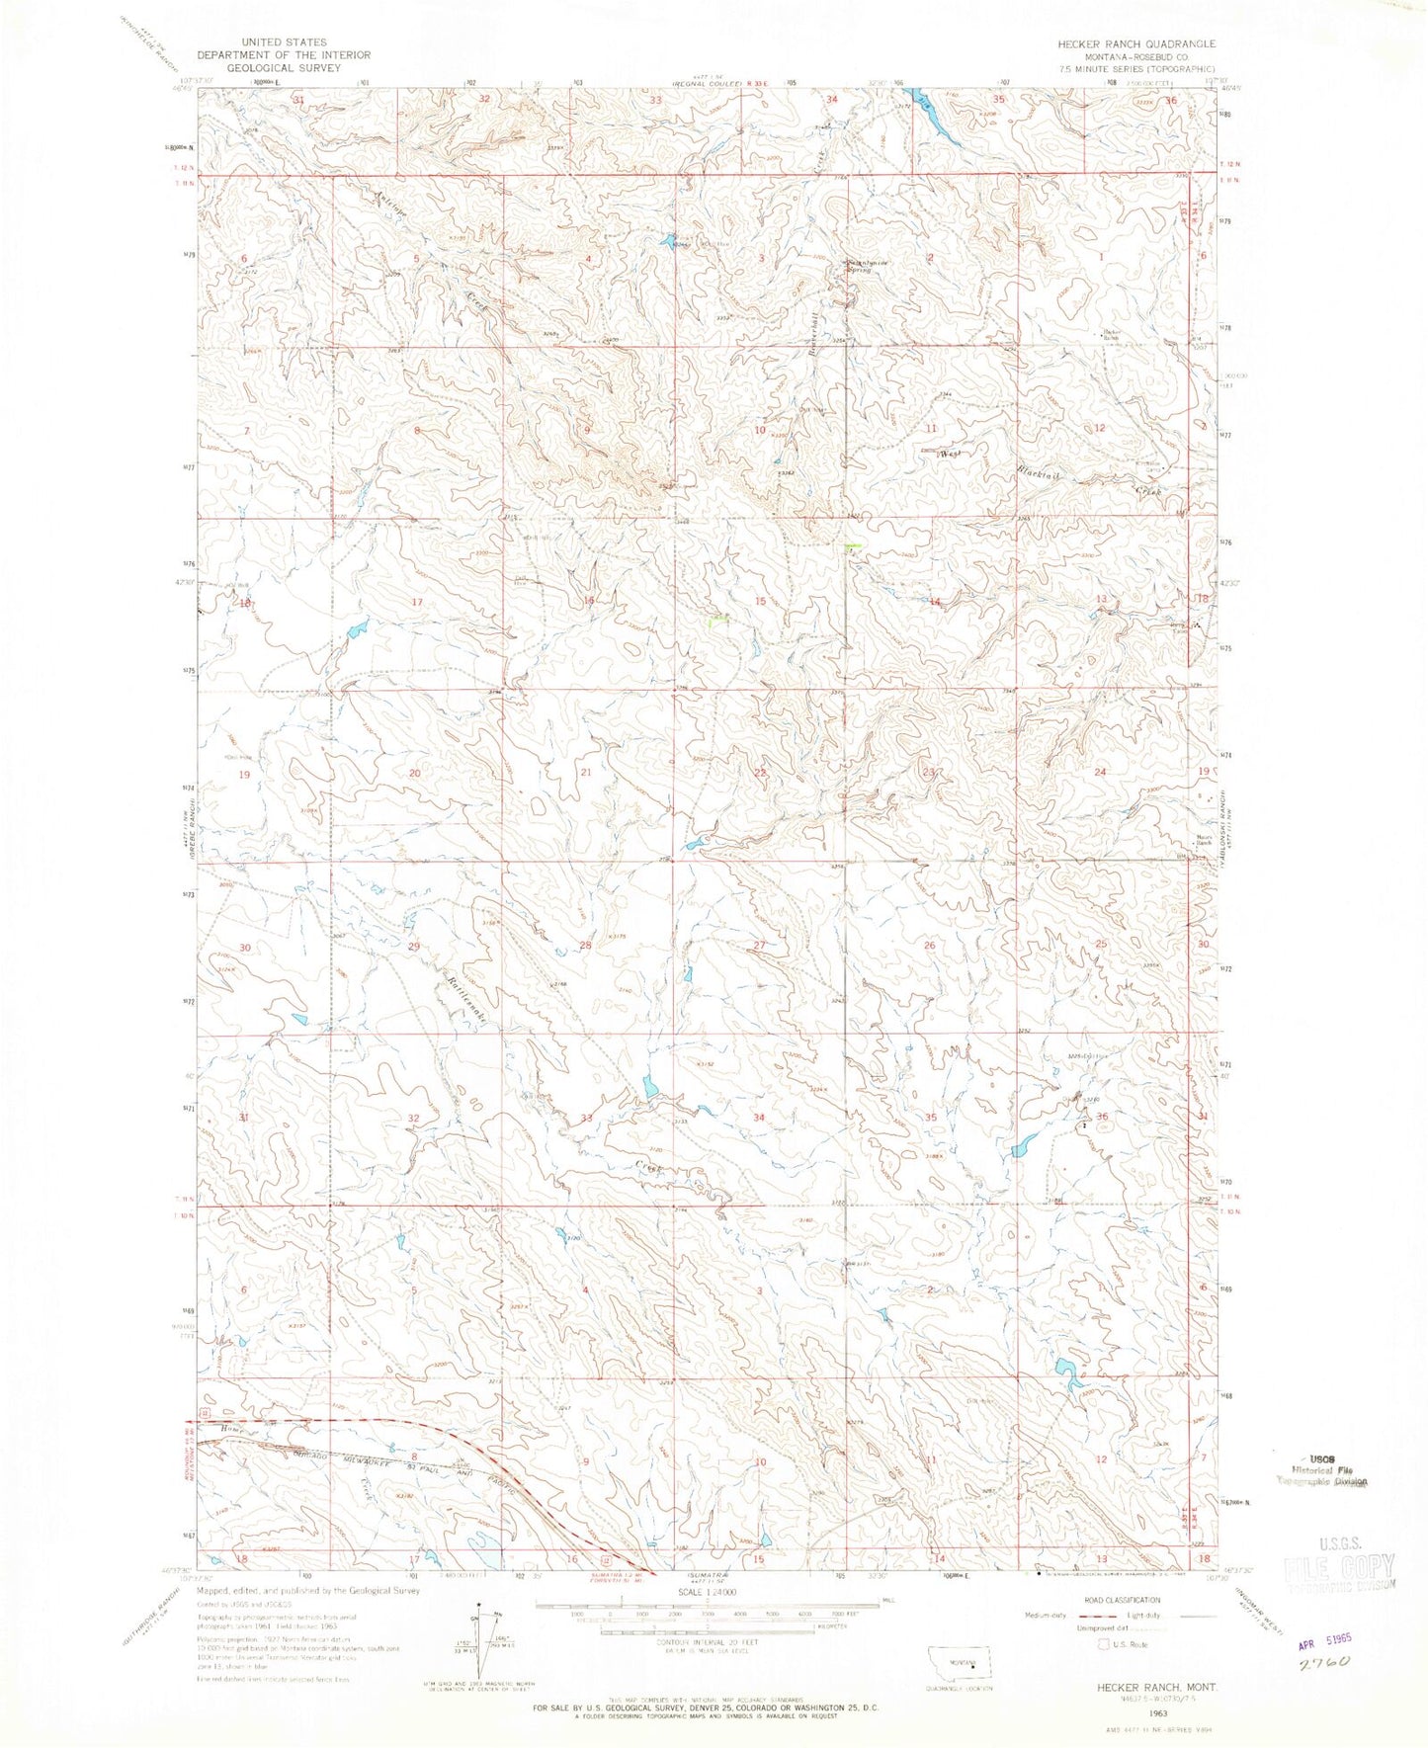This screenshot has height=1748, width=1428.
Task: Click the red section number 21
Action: (x=586, y=772)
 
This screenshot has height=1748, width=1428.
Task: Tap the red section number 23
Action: (x=928, y=772)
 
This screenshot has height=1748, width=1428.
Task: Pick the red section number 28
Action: (x=585, y=946)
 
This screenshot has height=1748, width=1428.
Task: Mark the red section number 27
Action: (x=759, y=946)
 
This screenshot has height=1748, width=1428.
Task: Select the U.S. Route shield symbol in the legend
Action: (x=1104, y=1644)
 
